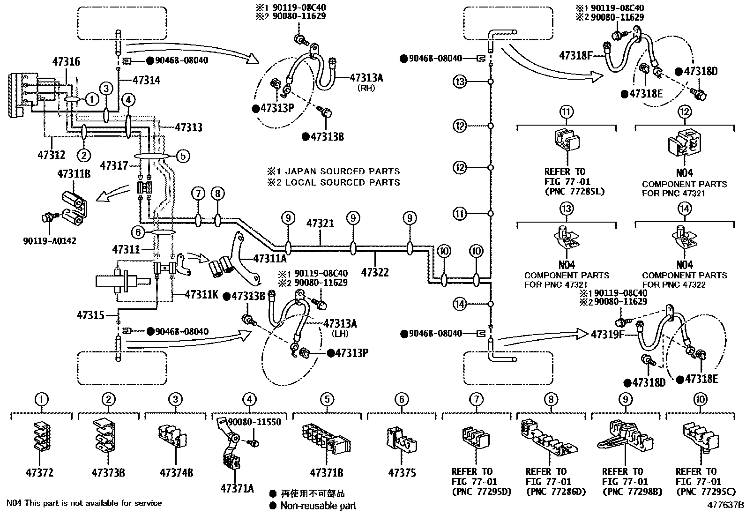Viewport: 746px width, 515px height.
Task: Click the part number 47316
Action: (x=66, y=61)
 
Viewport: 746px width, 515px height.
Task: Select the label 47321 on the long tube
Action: (x=320, y=224)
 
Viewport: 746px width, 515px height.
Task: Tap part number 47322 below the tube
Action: (x=375, y=272)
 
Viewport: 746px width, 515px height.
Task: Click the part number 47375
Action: (x=402, y=473)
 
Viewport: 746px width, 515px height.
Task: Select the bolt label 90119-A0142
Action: (x=49, y=241)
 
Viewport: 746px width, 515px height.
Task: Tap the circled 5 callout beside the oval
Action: (x=183, y=156)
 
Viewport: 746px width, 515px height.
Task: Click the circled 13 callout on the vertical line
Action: (x=460, y=82)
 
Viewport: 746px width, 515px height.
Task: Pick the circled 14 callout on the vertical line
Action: (x=460, y=304)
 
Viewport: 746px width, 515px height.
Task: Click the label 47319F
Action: (x=608, y=335)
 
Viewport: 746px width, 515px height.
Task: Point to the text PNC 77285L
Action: (x=575, y=192)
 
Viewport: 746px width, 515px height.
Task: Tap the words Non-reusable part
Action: (x=318, y=506)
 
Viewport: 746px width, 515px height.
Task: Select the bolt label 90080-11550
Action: (x=254, y=422)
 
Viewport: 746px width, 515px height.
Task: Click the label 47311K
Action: (x=201, y=295)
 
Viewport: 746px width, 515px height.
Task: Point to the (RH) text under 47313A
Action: (x=366, y=88)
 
